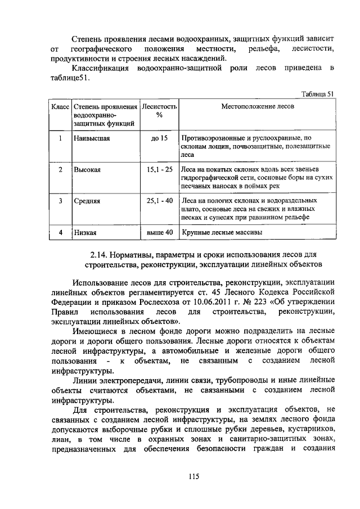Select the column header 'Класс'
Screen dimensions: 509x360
tap(60, 106)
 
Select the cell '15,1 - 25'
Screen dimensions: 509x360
tap(159, 169)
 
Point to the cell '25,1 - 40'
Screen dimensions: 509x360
tap(159, 200)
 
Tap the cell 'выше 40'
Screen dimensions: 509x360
tap(159, 231)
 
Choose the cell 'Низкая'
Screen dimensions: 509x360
tap(85, 232)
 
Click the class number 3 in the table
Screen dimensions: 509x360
tap(60, 200)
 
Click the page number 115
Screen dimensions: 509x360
tap(194, 476)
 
